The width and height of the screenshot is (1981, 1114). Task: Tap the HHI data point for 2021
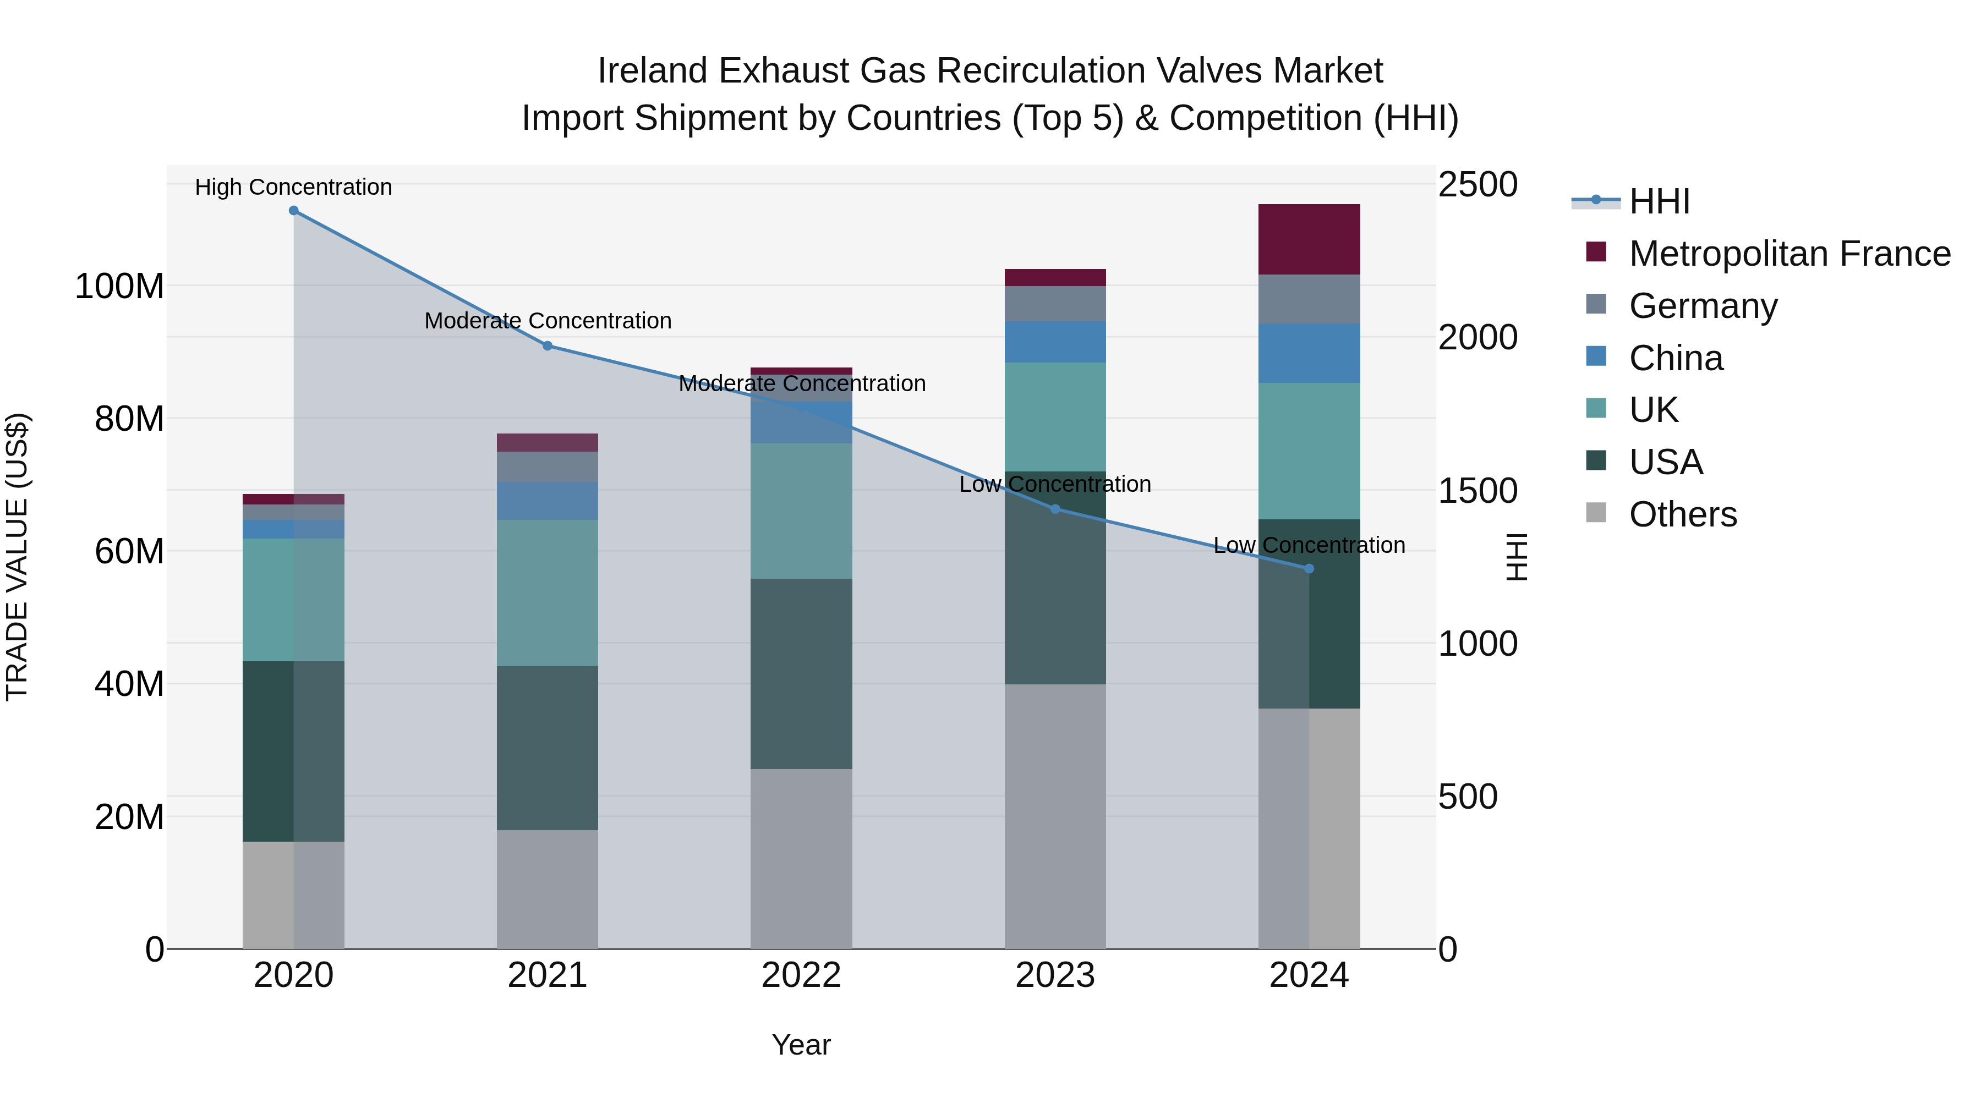click(548, 346)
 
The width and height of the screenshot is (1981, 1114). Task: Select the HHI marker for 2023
click(1055, 509)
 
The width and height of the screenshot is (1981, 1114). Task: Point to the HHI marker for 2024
click(1310, 569)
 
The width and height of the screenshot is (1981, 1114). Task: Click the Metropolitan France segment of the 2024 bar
click(1309, 240)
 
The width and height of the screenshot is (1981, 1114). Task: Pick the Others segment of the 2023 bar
click(1055, 816)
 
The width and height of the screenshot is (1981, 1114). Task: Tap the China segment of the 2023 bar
click(1055, 342)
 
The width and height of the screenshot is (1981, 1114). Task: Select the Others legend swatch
click(1596, 513)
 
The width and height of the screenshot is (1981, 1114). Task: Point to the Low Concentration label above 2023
click(1054, 484)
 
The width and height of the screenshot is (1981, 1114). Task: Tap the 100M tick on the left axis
click(119, 287)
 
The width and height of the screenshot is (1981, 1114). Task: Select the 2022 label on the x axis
click(801, 975)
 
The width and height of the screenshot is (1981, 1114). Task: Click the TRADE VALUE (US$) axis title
click(18, 557)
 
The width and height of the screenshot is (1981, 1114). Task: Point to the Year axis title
click(801, 1045)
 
